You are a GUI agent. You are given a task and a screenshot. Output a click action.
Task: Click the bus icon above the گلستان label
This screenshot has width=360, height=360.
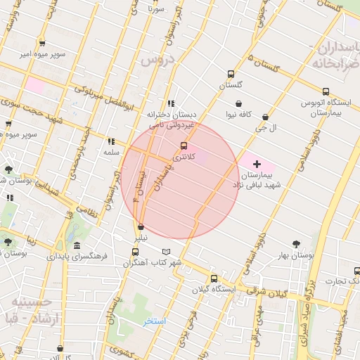click(231, 74)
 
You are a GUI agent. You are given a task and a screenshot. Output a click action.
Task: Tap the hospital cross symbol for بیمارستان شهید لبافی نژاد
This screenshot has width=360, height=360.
click(256, 163)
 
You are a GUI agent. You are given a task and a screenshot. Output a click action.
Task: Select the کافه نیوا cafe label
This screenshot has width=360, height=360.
click(239, 114)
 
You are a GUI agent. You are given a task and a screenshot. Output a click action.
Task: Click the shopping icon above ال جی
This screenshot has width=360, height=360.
click(265, 117)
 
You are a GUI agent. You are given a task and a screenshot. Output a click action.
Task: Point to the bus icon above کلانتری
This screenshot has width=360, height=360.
click(184, 146)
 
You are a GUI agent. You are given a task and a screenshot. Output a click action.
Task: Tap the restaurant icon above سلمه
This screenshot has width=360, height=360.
click(110, 141)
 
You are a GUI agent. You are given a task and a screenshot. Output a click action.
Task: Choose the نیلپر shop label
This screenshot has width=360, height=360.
click(142, 238)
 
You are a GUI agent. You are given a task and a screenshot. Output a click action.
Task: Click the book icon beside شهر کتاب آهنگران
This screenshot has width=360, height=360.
click(166, 252)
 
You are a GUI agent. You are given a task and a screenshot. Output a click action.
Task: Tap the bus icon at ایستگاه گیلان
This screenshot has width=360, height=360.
click(224, 278)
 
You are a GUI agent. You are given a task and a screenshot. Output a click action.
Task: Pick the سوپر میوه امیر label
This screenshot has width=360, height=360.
click(43, 54)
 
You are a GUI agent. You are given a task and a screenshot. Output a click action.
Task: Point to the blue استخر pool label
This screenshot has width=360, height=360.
click(154, 321)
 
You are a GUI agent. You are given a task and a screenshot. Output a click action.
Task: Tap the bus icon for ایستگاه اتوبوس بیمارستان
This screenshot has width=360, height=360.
click(326, 91)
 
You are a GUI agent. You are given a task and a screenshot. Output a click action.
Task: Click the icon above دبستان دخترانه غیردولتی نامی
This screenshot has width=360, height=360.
click(171, 103)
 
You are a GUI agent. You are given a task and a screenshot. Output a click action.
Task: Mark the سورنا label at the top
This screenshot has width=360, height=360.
click(155, 11)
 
